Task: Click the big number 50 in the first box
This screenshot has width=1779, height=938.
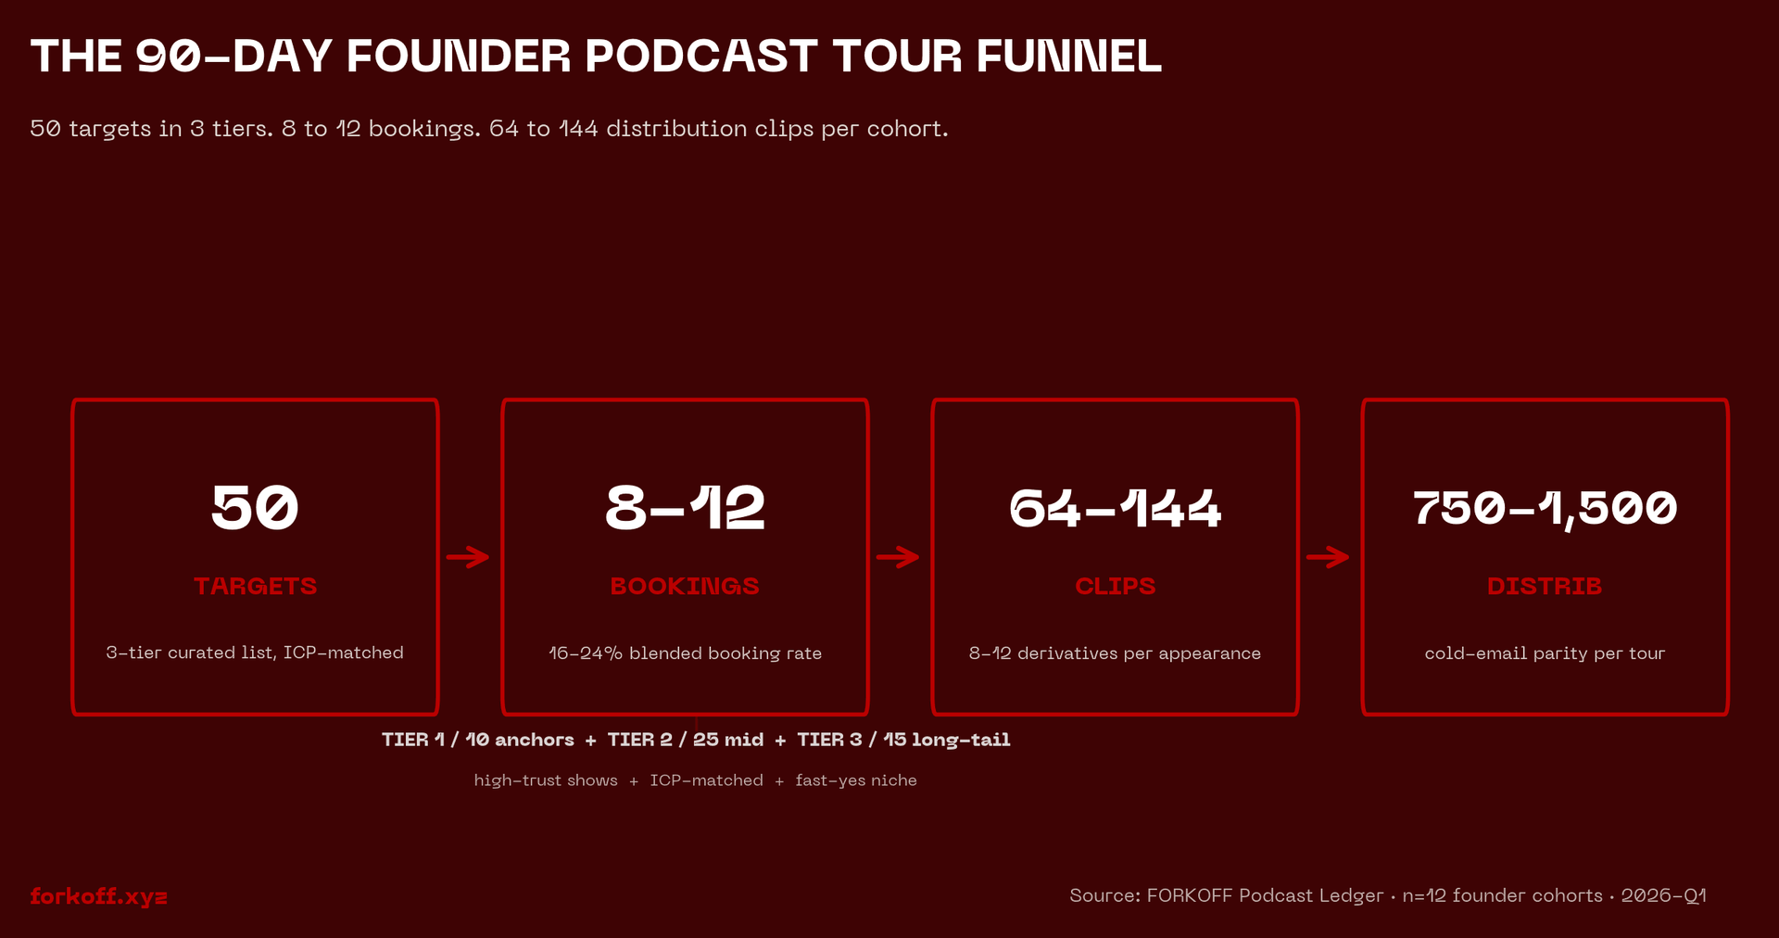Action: point(255,508)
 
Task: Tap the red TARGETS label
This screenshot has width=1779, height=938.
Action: point(255,586)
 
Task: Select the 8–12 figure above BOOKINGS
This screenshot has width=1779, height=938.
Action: point(685,508)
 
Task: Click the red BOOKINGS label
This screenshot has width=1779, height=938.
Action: point(685,586)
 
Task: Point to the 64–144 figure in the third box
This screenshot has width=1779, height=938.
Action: point(1115,508)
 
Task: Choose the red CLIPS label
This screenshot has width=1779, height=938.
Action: point(1115,586)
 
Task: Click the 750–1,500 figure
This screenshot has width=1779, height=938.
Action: point(1545,508)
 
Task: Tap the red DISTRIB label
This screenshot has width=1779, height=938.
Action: point(1545,586)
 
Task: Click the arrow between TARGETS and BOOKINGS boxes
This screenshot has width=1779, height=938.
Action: point(469,557)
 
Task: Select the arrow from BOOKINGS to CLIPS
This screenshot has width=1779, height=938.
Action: point(899,557)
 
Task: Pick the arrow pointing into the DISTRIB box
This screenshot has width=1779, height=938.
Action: point(1329,557)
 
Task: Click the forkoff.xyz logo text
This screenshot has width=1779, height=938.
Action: point(98,896)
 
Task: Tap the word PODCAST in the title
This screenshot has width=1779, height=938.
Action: point(700,56)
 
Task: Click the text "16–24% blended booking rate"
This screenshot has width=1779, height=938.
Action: point(685,653)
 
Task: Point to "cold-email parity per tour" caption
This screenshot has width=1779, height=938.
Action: point(1545,653)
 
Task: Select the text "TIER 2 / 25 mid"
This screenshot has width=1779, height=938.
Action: point(686,740)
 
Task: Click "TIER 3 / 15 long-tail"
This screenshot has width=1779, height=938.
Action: point(903,740)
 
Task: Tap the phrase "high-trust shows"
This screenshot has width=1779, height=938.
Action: point(546,780)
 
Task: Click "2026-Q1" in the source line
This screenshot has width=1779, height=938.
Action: point(1663,895)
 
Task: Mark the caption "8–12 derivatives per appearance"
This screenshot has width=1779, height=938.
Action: point(1115,653)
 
